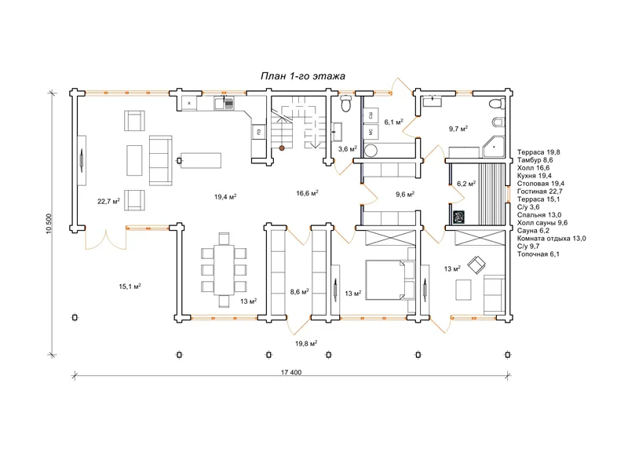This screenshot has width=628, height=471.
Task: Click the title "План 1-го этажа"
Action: point(303,76)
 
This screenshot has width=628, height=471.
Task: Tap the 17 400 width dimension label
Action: point(291,372)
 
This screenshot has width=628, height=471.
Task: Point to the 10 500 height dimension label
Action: point(49,224)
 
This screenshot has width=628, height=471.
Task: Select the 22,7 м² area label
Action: point(108,201)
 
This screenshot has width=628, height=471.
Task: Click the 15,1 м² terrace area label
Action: point(130,287)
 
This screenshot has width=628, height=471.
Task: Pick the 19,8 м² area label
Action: point(306,343)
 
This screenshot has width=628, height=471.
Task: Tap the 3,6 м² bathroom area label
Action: point(347,149)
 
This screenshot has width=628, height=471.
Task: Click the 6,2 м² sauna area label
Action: point(466,184)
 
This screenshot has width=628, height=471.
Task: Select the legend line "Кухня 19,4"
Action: point(535,176)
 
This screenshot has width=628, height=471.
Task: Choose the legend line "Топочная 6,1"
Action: point(539,254)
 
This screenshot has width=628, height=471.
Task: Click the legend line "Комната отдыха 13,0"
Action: point(552,239)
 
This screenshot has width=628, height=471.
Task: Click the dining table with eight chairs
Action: point(224,269)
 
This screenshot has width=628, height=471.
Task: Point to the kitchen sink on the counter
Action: point(224,104)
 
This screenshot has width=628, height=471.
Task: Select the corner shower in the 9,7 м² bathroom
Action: point(493,147)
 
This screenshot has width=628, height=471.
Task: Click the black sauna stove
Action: point(458,217)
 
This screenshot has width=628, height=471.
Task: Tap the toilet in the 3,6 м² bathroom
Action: point(345,104)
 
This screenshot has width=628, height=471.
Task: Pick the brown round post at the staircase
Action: point(282,148)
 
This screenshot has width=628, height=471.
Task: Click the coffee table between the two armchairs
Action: point(134,160)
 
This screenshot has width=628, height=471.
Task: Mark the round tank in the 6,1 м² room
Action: point(371,151)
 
